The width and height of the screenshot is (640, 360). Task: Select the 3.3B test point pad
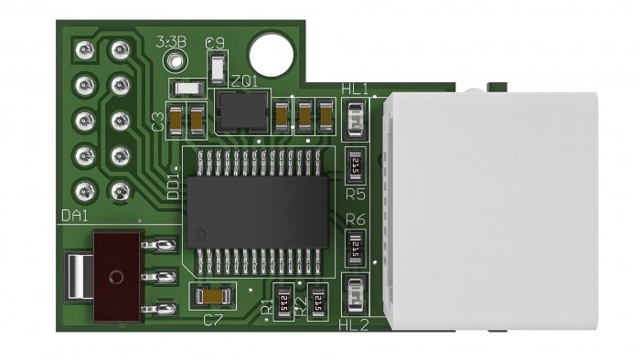tap(175, 60)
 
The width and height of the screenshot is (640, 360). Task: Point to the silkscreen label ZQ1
tap(245, 80)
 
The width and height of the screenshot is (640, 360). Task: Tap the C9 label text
tap(217, 42)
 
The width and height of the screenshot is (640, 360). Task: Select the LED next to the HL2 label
tap(355, 297)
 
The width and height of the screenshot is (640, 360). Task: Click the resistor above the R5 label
tap(355, 164)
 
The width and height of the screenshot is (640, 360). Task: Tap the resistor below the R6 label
tap(355, 247)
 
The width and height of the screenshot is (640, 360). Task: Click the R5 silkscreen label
tap(356, 193)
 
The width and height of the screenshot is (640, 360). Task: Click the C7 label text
tap(213, 320)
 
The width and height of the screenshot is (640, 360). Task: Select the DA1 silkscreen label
tap(74, 216)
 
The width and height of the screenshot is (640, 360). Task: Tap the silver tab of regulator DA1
tap(80, 275)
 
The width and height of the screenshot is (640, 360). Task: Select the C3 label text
tap(157, 122)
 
